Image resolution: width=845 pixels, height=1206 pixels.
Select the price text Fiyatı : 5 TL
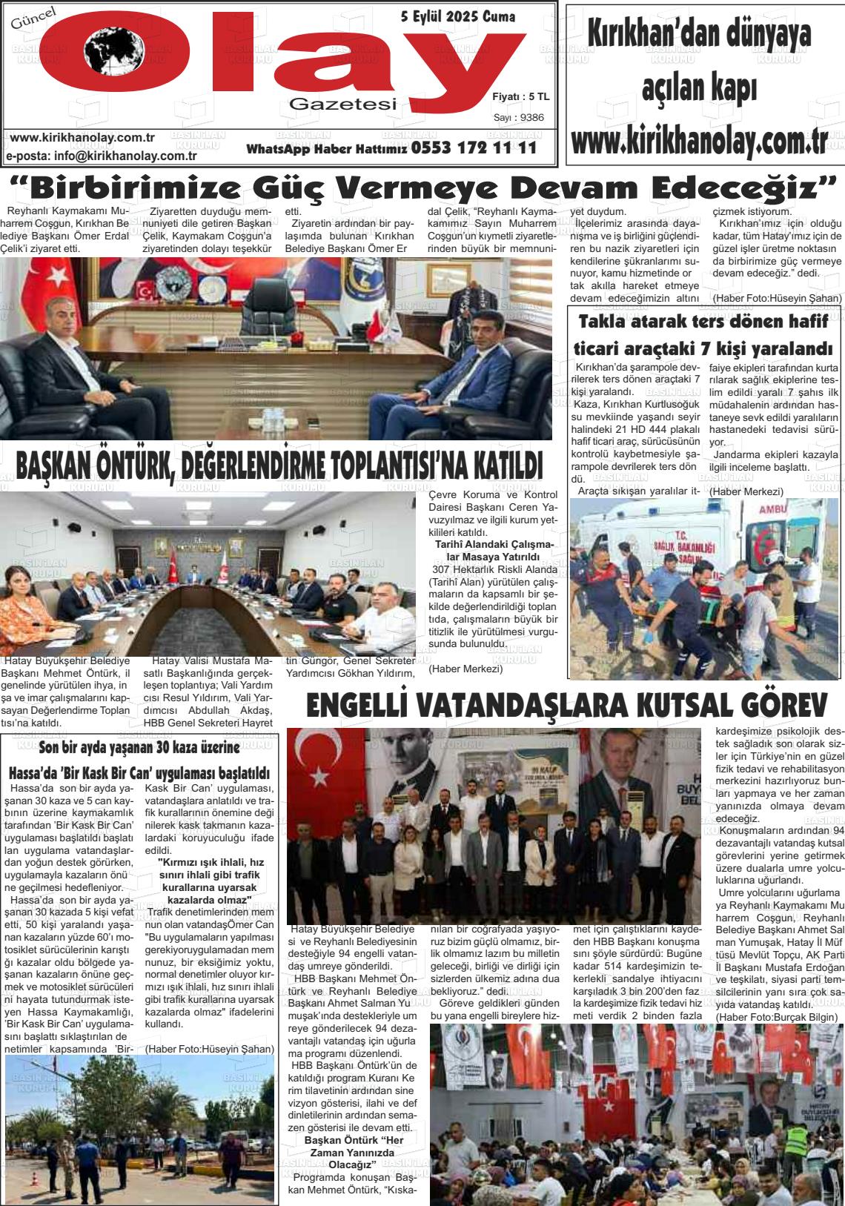pos(520,96)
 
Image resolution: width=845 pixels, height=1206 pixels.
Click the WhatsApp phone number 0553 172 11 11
pos(474,148)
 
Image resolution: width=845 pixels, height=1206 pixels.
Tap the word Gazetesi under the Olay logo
pos(343,105)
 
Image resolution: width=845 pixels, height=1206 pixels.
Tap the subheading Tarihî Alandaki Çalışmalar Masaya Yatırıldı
pos(493,551)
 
